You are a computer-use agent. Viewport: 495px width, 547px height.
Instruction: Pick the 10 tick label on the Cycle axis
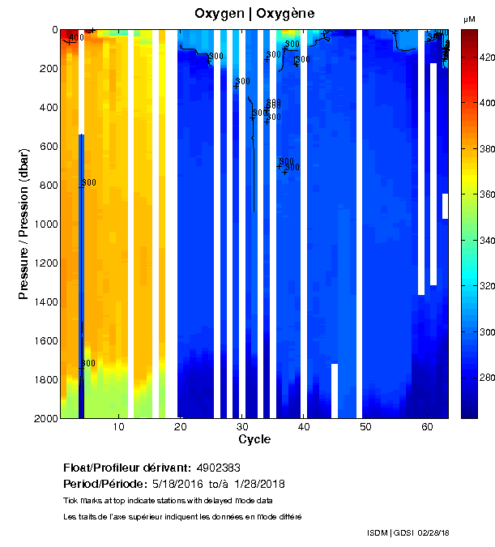tap(119, 427)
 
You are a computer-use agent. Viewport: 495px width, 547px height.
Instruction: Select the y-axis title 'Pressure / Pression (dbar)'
tap(24, 224)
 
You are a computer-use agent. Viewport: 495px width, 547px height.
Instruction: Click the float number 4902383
tap(218, 468)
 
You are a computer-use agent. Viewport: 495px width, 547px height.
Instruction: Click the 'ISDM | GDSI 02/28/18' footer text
tap(408, 532)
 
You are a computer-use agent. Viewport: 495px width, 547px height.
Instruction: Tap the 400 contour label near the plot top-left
tap(76, 37)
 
